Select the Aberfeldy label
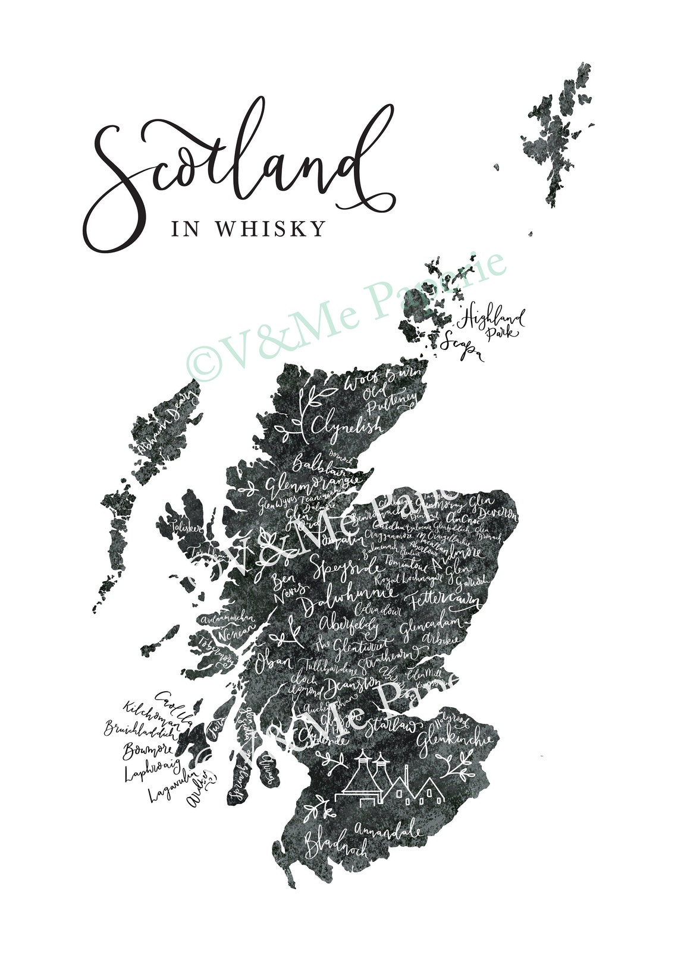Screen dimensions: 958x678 [x=350, y=625]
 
